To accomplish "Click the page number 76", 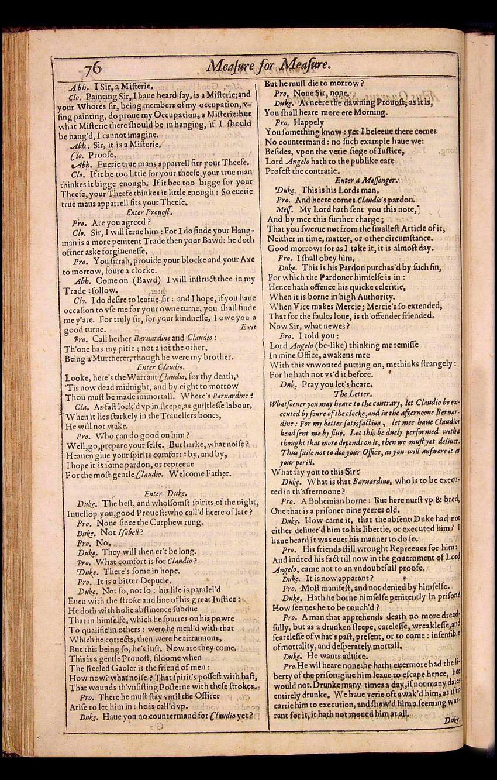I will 92,69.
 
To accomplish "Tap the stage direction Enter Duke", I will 161,493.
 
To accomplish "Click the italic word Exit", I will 248,327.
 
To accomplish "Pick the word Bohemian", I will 334,501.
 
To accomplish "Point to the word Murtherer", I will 110,358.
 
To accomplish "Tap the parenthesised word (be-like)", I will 333,345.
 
